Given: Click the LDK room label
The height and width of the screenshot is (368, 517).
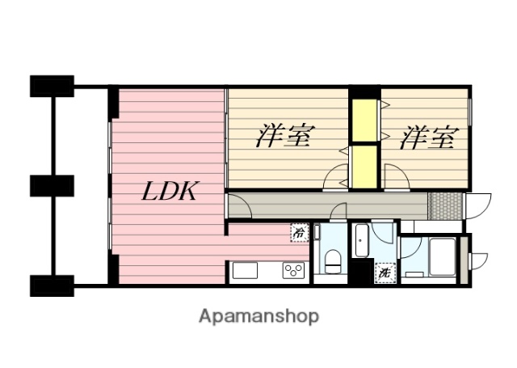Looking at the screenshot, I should pyautogui.click(x=170, y=192).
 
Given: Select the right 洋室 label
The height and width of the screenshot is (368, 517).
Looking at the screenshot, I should pyautogui.click(x=427, y=137).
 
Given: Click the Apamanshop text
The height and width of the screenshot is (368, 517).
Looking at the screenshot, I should pyautogui.click(x=258, y=315).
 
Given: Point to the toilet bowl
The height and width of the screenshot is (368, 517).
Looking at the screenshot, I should pyautogui.click(x=331, y=260).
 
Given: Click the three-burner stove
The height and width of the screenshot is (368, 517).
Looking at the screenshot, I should pyautogui.click(x=292, y=271).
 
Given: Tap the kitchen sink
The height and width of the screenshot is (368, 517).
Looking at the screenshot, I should pyautogui.click(x=245, y=271).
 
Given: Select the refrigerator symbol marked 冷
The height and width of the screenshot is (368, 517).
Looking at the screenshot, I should pyautogui.click(x=299, y=233).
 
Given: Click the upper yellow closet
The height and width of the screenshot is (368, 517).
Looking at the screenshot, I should pyautogui.click(x=364, y=120).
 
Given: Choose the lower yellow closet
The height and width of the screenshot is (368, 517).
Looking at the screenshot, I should pyautogui.click(x=364, y=166).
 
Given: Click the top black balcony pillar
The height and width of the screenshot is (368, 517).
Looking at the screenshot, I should pyautogui.click(x=52, y=85).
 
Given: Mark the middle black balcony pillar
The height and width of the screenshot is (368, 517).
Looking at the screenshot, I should pyautogui.click(x=52, y=185).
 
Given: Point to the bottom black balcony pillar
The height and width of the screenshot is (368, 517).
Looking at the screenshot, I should pyautogui.click(x=52, y=285).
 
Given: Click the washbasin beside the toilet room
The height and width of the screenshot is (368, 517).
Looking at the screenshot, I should pyautogui.click(x=361, y=240).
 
